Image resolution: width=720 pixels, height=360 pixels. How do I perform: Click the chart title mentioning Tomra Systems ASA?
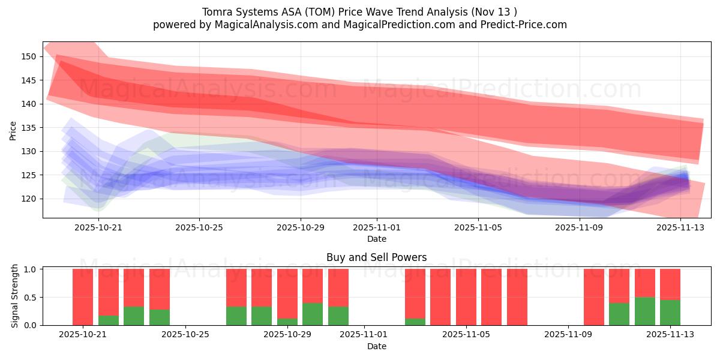359,12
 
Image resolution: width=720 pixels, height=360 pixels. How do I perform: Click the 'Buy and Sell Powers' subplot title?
376,257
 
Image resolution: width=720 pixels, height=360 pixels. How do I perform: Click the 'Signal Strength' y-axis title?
15,296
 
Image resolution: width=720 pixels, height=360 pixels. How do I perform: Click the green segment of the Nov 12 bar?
644,311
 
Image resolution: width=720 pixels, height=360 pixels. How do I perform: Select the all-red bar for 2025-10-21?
83,297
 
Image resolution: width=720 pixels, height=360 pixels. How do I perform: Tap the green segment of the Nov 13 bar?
670,313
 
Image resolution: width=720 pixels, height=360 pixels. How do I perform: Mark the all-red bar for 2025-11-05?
466,297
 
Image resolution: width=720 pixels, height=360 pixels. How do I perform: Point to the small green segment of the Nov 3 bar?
415,322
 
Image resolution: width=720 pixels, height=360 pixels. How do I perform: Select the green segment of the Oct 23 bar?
134,316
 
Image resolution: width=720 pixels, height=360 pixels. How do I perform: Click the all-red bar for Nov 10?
594,297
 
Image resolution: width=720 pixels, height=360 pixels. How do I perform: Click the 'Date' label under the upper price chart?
376,239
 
